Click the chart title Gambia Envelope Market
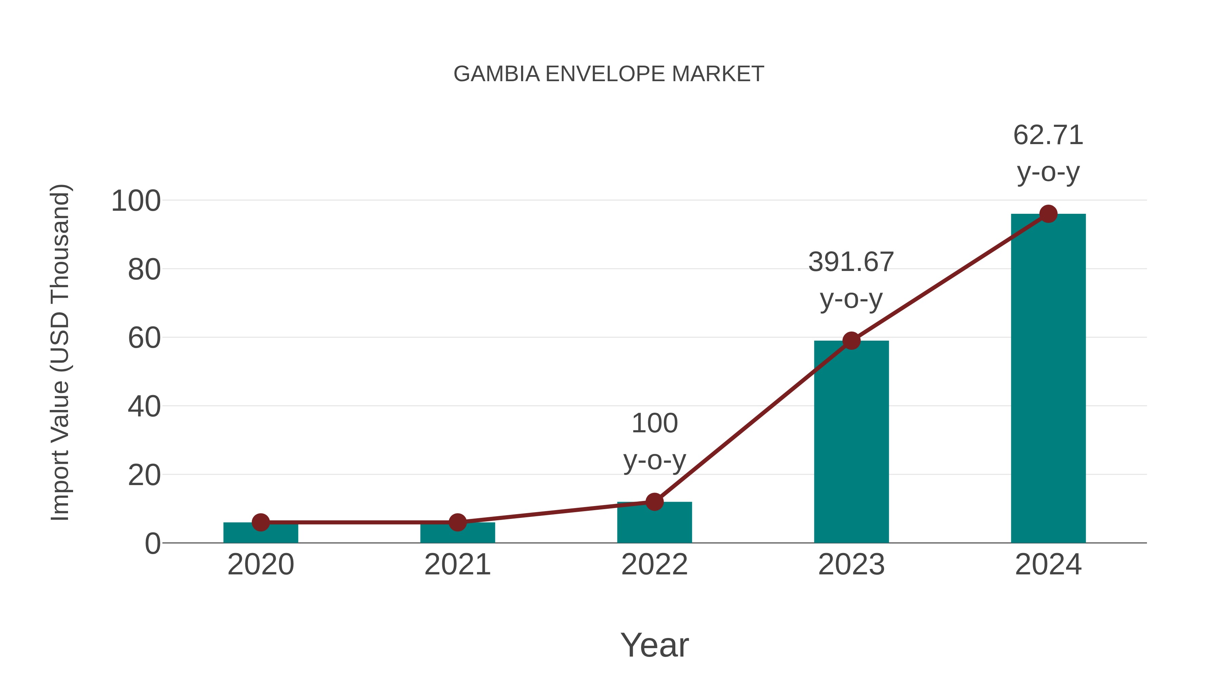coord(609,74)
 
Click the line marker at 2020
coord(261,522)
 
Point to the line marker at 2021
coord(457,522)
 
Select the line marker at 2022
coord(654,502)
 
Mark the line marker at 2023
coord(851,340)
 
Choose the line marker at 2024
coord(1048,214)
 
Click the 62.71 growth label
coord(1048,136)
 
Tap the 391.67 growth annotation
coord(851,262)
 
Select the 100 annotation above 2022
coord(654,424)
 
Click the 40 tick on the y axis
coord(144,407)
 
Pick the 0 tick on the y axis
coord(153,544)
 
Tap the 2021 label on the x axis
coord(457,565)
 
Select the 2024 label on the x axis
coord(1048,565)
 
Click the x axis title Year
coord(654,645)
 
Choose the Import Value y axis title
coord(61,352)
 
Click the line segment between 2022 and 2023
coord(753,421)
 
